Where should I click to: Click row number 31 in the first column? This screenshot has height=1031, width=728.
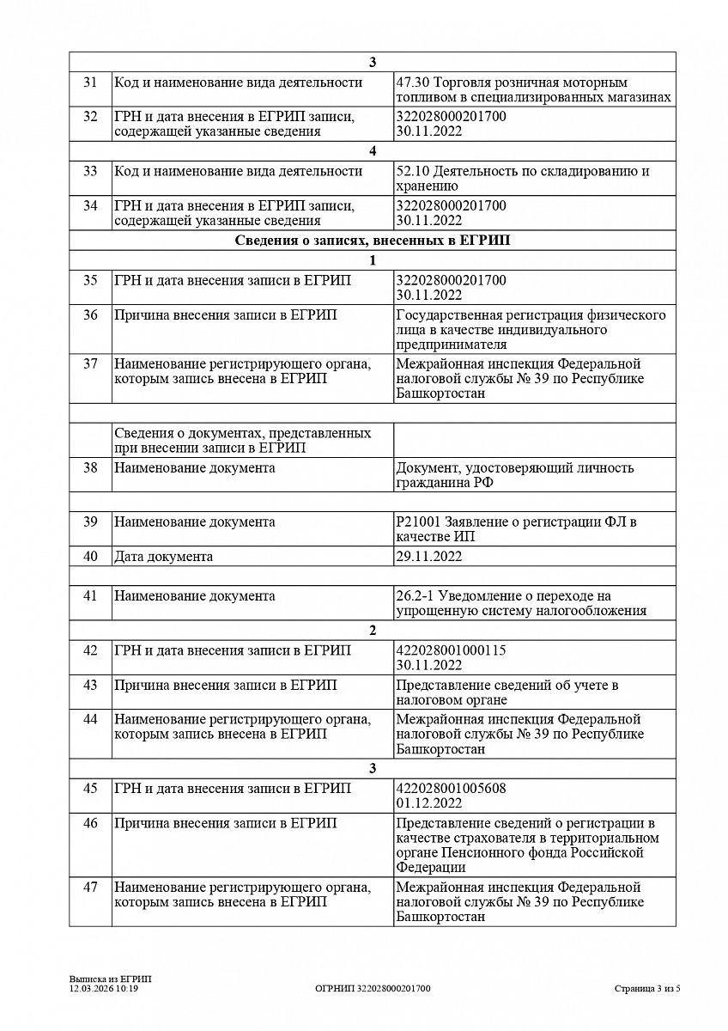(90, 82)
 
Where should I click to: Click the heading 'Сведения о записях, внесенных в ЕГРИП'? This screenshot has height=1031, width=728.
(372, 241)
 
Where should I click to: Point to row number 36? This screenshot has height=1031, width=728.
(90, 314)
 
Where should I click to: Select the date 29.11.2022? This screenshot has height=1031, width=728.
(429, 556)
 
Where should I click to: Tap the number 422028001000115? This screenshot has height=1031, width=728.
(451, 650)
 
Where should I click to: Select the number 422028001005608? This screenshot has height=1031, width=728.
(451, 788)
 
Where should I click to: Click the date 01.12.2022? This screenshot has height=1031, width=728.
(429, 803)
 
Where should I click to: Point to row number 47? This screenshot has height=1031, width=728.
(90, 887)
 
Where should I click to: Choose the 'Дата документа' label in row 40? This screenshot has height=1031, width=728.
(164, 556)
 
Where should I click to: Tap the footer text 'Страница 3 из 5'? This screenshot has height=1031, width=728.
(647, 989)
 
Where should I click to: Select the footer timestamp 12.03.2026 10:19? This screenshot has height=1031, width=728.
(104, 989)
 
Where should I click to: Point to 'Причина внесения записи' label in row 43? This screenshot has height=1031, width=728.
(226, 685)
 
